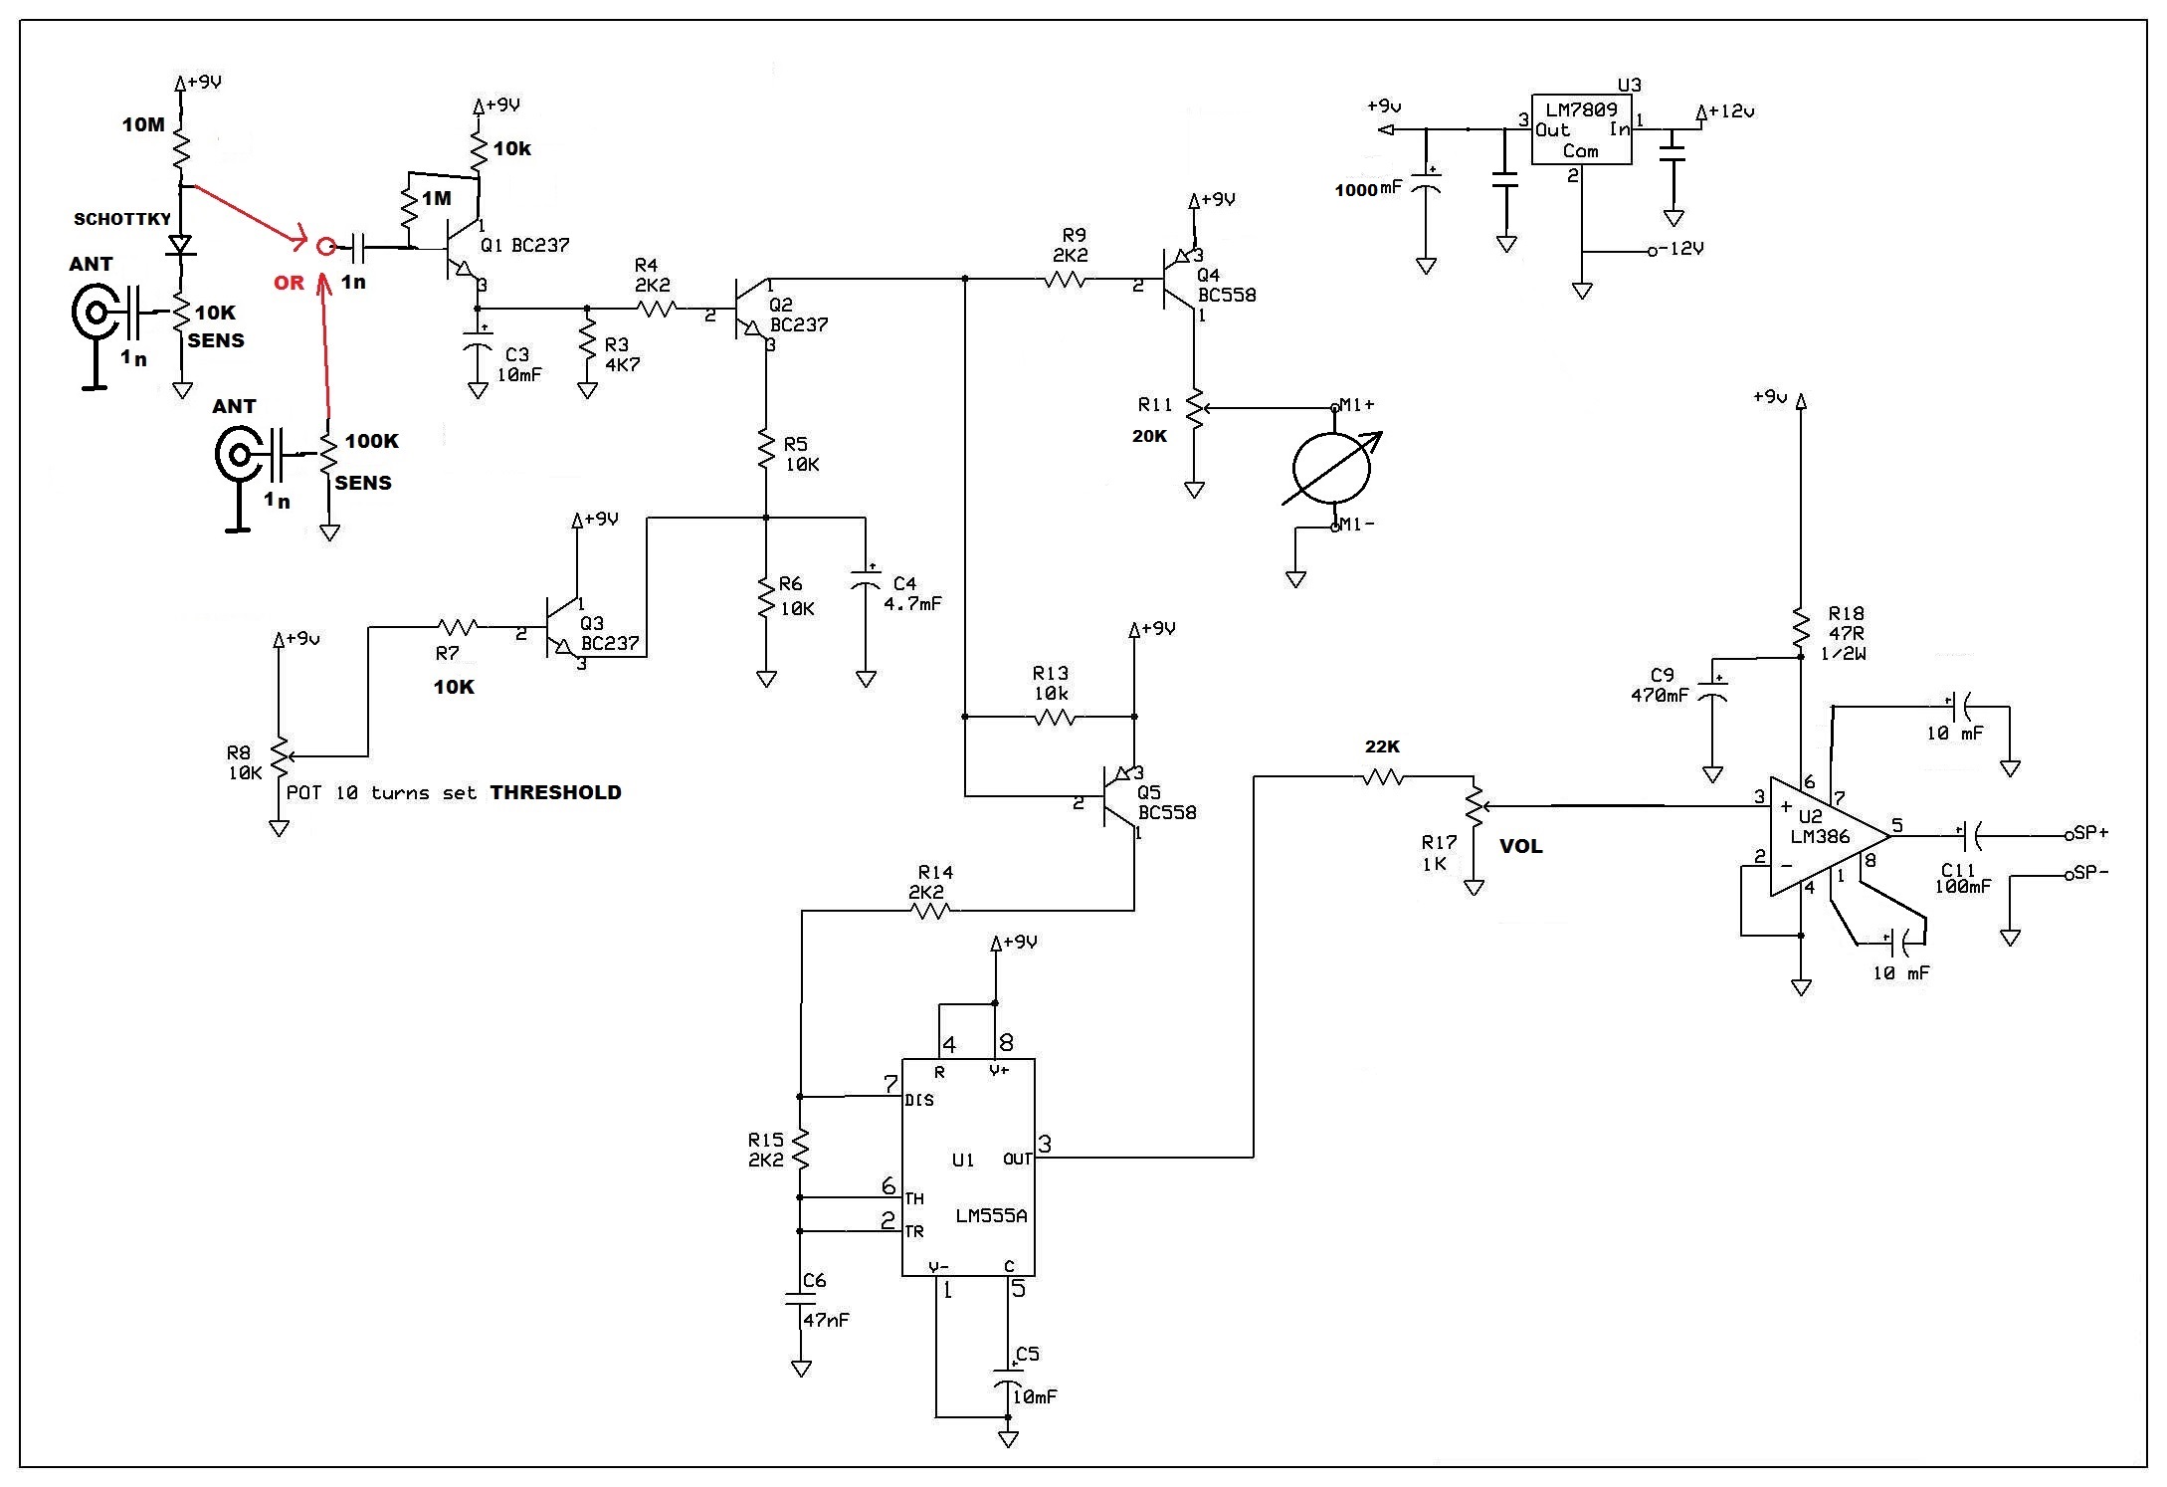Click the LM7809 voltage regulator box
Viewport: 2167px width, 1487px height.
click(1581, 130)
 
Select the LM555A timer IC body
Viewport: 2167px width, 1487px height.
click(968, 1167)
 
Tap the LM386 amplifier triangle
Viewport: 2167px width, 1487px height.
click(1829, 836)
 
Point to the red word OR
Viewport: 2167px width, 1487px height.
click(289, 284)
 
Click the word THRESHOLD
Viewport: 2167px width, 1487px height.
click(555, 792)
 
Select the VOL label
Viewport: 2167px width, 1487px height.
click(1521, 846)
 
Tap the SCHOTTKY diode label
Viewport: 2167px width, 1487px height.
click(122, 219)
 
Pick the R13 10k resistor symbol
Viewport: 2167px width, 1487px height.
click(1053, 717)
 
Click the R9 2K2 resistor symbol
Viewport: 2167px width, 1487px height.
click(1065, 282)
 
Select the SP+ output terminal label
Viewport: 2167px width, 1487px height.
click(2089, 833)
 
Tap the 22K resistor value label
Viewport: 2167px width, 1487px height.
click(1382, 746)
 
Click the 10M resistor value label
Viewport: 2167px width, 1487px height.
click(143, 124)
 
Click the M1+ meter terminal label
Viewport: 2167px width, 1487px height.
click(1355, 405)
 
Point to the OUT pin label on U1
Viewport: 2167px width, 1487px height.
click(1017, 1159)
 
